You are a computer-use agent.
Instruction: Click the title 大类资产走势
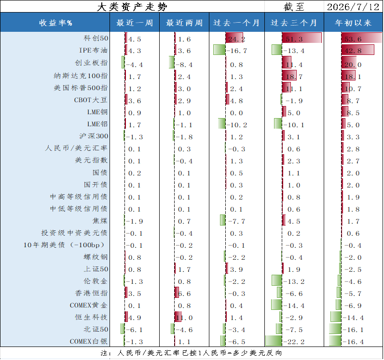click(x=132, y=7)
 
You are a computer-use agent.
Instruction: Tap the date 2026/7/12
click(x=353, y=7)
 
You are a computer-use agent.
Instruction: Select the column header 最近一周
click(x=135, y=23)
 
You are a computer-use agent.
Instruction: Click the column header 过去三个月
click(x=294, y=23)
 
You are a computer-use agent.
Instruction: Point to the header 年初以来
click(x=353, y=23)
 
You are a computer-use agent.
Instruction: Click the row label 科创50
click(x=96, y=38)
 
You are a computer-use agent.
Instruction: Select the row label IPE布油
click(x=93, y=50)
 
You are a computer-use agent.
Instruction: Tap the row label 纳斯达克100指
click(x=81, y=76)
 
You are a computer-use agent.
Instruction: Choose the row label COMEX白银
click(x=89, y=341)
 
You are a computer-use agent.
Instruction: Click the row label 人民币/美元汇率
click(x=76, y=148)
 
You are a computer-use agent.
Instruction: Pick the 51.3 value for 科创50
click(x=294, y=39)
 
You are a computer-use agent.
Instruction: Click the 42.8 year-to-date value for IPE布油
click(x=353, y=51)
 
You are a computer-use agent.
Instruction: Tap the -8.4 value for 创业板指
click(x=184, y=65)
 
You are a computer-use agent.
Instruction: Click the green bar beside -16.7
click(x=219, y=50)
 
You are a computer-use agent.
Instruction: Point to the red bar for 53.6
click(x=362, y=38)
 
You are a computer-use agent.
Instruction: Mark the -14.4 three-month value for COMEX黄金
click(x=294, y=306)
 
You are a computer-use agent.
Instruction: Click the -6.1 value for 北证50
click(x=135, y=330)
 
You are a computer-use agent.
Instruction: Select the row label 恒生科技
click(x=91, y=318)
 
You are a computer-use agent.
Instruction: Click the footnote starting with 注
click(x=191, y=353)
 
